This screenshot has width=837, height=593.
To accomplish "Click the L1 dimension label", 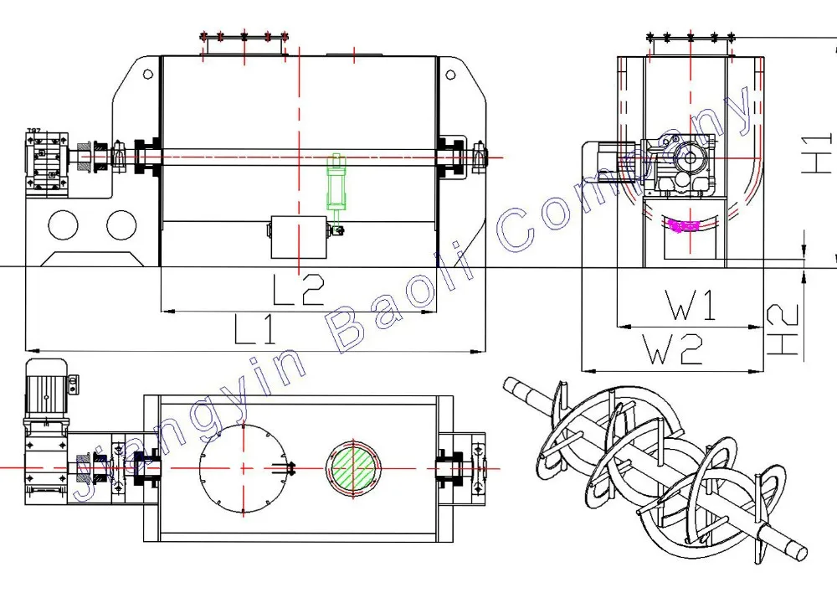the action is point(255,329).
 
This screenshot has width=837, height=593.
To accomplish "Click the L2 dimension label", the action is point(299,290).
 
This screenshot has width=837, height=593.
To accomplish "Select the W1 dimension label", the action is point(691,305).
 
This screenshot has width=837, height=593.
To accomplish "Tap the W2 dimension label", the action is point(673,348).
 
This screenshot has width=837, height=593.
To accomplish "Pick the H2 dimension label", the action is point(783,330).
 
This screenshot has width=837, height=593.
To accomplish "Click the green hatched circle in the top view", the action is point(353,468).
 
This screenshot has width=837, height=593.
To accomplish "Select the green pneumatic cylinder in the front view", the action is point(336,184).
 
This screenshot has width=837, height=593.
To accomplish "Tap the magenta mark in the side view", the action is point(684,226).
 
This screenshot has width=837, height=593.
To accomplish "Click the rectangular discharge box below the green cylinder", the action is point(299,237).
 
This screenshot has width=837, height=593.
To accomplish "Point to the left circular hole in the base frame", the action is point(63,225).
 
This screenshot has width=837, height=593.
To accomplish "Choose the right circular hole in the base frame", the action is point(121,225).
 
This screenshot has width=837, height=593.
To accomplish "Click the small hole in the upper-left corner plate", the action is point(148,75).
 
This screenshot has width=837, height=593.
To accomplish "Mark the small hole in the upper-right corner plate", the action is point(450,75).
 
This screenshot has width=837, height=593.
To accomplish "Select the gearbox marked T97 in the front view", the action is point(47,159).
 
